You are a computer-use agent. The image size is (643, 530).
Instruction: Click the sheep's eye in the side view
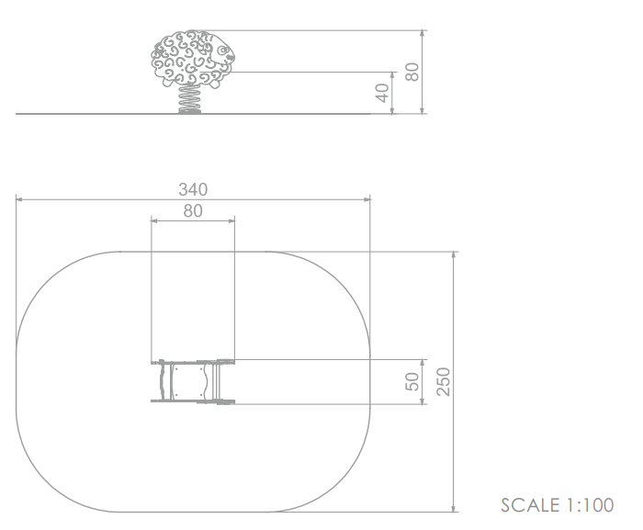click(222, 51)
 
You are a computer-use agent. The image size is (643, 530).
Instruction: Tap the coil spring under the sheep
click(189, 98)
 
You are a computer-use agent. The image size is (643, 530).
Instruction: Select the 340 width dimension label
click(193, 189)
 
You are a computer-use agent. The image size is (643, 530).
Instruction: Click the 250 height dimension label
click(444, 381)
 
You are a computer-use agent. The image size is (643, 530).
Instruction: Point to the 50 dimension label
click(412, 381)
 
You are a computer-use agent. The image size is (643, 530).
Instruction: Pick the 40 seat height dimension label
click(382, 93)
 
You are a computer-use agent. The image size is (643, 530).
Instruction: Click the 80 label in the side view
click(412, 72)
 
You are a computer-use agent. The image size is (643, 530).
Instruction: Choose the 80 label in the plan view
click(193, 211)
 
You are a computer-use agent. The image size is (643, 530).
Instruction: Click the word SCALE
click(530, 505)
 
